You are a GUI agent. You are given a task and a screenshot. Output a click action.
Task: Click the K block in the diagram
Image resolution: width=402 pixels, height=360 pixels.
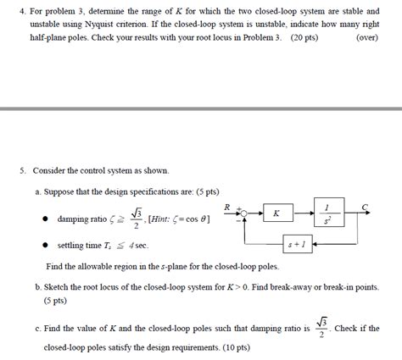click(x=276, y=213)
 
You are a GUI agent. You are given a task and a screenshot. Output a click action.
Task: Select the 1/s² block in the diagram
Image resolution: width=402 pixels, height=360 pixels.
click(x=326, y=213)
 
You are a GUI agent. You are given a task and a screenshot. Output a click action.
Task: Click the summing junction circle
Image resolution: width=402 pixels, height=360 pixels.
click(x=244, y=213)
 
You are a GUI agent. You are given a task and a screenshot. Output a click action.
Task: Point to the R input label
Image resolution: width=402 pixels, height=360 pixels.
click(x=227, y=206)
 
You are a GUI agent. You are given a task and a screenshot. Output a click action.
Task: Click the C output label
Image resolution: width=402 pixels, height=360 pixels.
click(x=364, y=206)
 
